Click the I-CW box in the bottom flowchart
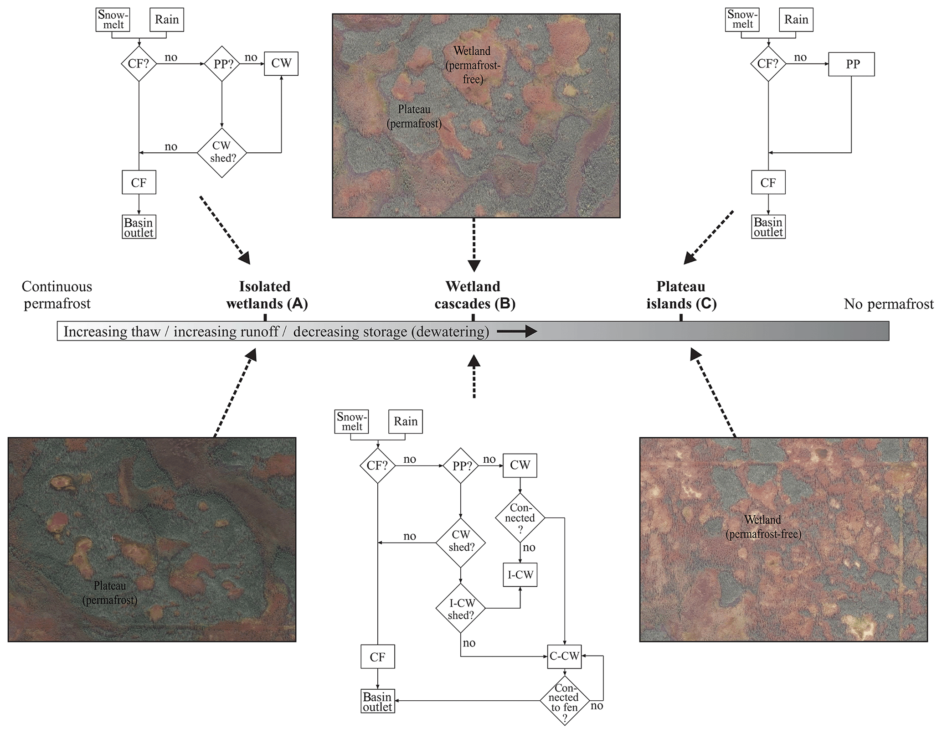pos(520,575)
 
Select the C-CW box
pos(565,656)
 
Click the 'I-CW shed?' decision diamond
pos(461,609)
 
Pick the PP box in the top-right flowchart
pos(851,64)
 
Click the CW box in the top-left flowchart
pos(281,63)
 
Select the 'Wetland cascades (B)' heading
pos(474,295)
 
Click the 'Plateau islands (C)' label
pos(681,295)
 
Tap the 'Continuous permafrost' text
pos(57,295)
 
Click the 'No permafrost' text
pos(888,304)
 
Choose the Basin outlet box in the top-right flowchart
pos(768,227)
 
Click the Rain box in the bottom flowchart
pos(405,421)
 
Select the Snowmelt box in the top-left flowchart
pos(113,20)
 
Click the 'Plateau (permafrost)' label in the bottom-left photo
pos(110,592)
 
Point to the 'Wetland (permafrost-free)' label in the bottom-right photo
pos(763,527)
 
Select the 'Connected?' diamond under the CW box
pos(520,518)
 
